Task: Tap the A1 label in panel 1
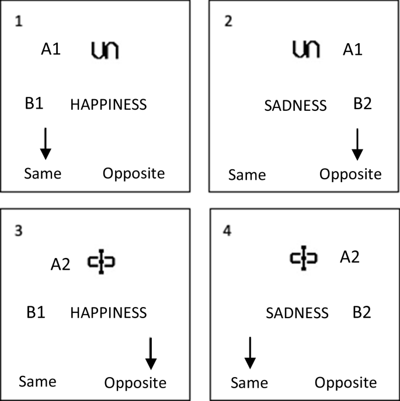[50, 51]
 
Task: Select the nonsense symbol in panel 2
[305, 50]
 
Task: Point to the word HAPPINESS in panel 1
[109, 105]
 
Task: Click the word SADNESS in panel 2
[295, 106]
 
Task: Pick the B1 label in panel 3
[36, 312]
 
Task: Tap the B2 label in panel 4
[361, 312]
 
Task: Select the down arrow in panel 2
[357, 144]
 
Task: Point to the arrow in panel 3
[151, 353]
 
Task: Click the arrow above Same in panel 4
[249, 353]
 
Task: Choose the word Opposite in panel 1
[134, 173]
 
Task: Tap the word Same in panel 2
[246, 175]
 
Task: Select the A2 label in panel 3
[60, 265]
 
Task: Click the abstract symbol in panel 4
[304, 257]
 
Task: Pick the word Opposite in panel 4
[346, 383]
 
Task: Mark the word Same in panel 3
[37, 382]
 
